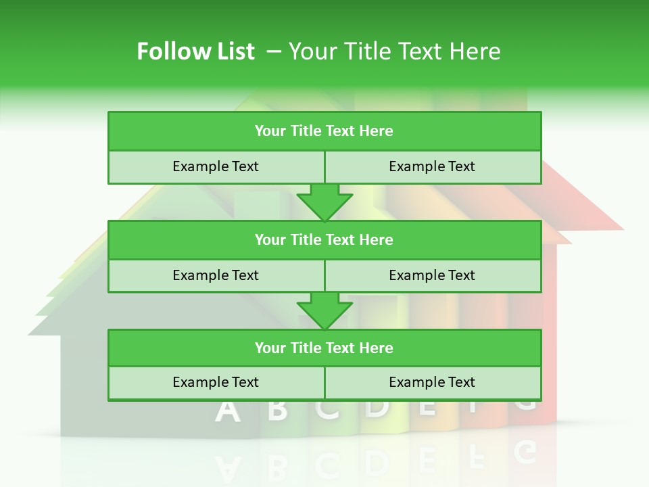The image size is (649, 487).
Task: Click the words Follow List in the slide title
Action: (195, 51)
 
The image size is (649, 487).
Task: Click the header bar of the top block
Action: (324, 131)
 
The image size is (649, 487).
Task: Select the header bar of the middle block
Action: (324, 239)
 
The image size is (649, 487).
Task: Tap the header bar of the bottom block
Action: (324, 348)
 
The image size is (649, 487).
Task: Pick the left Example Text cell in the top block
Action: (216, 166)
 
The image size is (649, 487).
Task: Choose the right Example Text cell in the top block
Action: (433, 166)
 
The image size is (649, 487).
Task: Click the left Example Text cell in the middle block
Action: (216, 275)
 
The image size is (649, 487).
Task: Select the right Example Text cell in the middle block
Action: (433, 275)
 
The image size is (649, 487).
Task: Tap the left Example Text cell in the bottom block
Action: (216, 382)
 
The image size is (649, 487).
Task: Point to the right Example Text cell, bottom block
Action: (433, 382)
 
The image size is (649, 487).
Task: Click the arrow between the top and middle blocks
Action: (324, 202)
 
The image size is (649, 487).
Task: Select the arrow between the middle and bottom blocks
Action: (324, 310)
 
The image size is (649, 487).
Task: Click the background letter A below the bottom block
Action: (228, 411)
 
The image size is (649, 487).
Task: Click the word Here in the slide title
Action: (476, 51)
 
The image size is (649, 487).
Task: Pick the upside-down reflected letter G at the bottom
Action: (525, 450)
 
